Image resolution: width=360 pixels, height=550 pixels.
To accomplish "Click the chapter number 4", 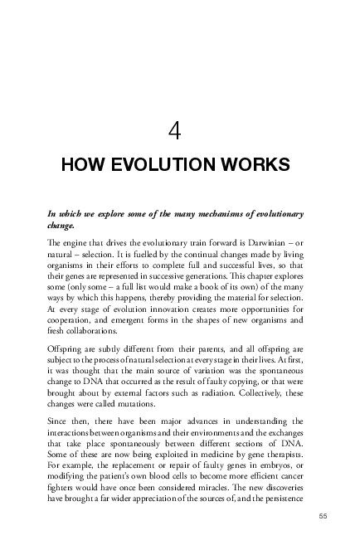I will tap(174, 130).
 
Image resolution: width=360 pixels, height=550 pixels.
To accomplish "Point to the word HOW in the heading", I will tap(80, 165).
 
